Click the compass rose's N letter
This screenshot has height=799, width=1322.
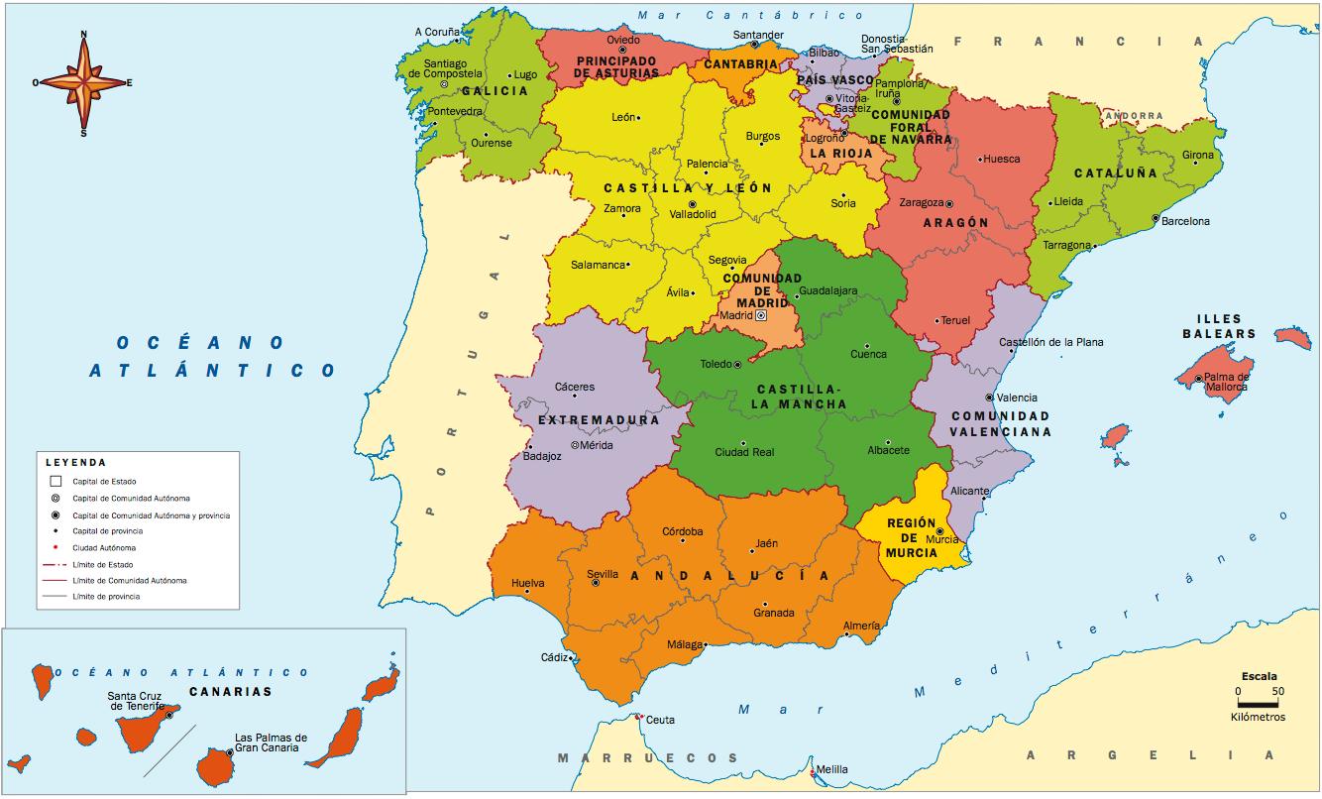(83, 35)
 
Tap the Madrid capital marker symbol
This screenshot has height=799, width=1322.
(761, 315)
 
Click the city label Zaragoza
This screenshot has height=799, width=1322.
(921, 202)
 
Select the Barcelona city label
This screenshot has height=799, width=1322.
(1185, 221)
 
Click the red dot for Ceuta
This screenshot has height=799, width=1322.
(641, 716)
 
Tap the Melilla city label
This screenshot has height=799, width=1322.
(831, 770)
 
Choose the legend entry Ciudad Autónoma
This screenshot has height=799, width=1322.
(98, 547)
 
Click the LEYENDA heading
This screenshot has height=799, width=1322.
(75, 462)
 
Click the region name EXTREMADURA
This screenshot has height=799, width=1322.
(598, 420)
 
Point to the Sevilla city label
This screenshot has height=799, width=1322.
(603, 574)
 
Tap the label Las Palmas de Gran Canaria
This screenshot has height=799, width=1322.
(271, 742)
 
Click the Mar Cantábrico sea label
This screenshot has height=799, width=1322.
(751, 15)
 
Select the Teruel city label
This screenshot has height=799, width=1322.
(955, 320)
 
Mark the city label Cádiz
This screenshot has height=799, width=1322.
(554, 657)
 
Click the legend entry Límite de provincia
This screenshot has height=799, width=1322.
(106, 596)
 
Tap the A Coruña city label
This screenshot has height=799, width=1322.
(437, 32)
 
